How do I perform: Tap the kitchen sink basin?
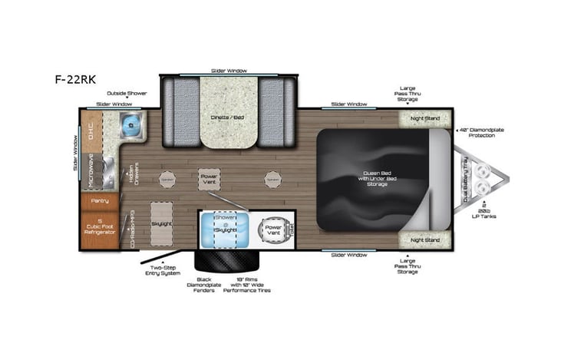pos(131,122)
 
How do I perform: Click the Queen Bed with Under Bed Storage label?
pos(373,178)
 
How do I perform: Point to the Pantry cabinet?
pos(100,200)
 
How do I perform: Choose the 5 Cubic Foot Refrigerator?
pos(100,226)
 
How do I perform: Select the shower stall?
pos(217,228)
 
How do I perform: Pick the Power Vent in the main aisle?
pos(209,179)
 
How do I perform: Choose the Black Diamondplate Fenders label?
pos(204,285)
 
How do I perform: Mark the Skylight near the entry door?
pos(160,222)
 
